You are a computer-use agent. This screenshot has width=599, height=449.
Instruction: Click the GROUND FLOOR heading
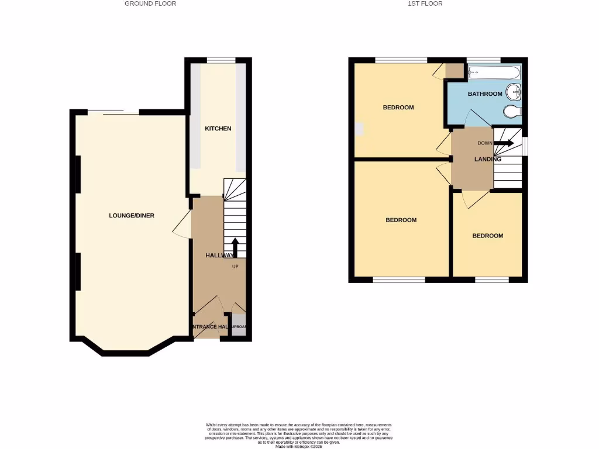click(x=150, y=4)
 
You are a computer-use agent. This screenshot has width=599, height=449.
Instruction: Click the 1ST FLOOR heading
click(x=425, y=4)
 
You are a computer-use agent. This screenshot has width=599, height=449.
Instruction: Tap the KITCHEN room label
click(x=218, y=129)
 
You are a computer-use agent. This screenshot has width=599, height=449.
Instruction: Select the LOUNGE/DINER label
click(x=132, y=216)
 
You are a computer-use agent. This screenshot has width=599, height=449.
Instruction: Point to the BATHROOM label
click(x=485, y=94)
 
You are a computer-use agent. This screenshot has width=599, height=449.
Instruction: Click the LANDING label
click(x=487, y=159)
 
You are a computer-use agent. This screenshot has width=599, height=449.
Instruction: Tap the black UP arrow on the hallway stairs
click(x=235, y=246)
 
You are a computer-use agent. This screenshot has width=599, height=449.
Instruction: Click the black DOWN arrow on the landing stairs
click(x=504, y=143)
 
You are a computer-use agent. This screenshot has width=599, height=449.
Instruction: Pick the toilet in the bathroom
click(x=512, y=111)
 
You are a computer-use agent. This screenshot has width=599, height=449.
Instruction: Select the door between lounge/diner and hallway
click(x=183, y=224)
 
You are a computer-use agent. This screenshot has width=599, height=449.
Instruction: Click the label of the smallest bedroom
click(x=488, y=236)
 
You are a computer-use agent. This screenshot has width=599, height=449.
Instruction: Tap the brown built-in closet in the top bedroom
click(x=454, y=70)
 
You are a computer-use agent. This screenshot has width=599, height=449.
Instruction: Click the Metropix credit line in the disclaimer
click(x=299, y=447)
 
